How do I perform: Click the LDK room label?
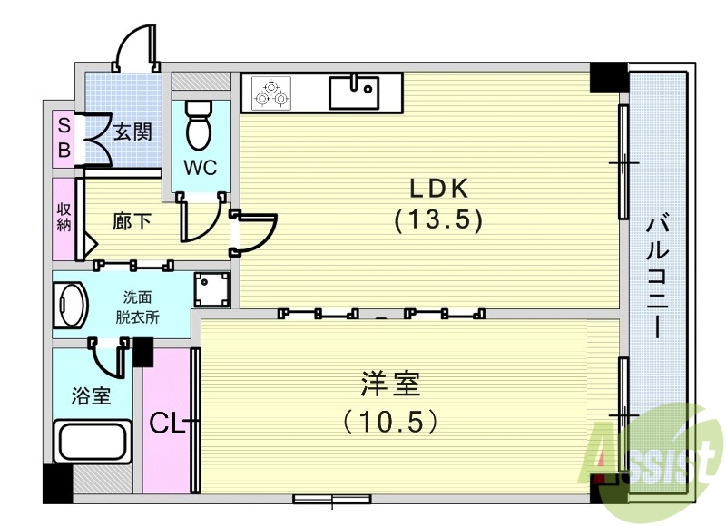[x=437, y=188]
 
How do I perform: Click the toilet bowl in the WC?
[x=197, y=127]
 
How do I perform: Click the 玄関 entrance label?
[x=132, y=131]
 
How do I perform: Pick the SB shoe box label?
[x=64, y=136]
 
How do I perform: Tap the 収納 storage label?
[x=64, y=218]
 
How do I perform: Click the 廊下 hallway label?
[x=132, y=220]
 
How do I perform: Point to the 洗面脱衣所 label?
[x=142, y=307]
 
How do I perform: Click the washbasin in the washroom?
[x=70, y=307]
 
